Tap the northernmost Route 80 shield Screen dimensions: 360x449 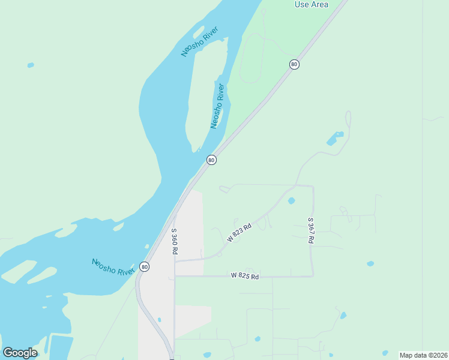click(294, 64)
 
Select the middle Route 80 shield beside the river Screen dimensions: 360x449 click(211, 160)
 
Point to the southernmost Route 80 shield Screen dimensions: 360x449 click(144, 266)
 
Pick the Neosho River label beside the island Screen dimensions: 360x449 click(217, 106)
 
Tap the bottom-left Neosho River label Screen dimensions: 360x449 click(113, 267)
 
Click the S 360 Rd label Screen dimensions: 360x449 click(175, 242)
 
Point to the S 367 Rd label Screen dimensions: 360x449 click(311, 230)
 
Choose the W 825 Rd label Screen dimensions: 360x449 click(244, 277)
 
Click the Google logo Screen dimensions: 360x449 click(20, 352)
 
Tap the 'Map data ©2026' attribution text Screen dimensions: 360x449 click(423, 355)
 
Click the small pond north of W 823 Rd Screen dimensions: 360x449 click(292, 200)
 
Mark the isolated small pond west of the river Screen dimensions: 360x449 click(31, 65)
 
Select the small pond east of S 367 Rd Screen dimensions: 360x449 click(370, 263)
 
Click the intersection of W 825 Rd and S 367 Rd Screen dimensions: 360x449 click(312, 276)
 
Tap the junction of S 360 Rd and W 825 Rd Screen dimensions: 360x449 click(175, 276)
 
